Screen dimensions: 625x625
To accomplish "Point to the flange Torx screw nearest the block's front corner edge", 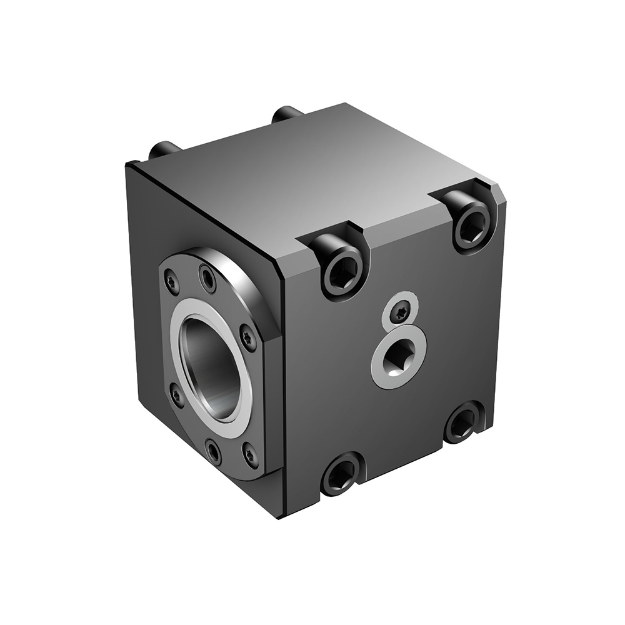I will (x=248, y=337).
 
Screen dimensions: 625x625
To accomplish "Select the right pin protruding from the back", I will (x=287, y=114).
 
